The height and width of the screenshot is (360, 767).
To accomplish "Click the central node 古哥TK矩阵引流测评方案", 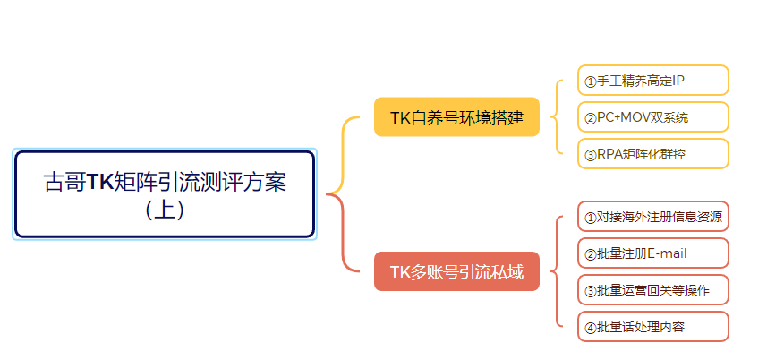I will click(x=165, y=193).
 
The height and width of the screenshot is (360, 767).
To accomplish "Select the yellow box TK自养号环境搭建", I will click(x=456, y=117).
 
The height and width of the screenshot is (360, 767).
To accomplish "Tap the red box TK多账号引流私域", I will click(x=456, y=271).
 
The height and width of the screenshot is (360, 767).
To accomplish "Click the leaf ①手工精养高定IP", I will click(x=652, y=81).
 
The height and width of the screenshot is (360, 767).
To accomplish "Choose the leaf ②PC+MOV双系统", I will click(x=652, y=117).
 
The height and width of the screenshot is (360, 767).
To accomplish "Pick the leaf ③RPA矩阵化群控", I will click(x=652, y=154).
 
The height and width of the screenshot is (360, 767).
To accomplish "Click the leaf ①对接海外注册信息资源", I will click(x=652, y=217).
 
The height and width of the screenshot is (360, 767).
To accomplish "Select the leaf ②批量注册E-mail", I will click(x=652, y=253).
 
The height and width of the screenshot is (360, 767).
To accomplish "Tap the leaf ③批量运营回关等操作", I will click(x=652, y=290).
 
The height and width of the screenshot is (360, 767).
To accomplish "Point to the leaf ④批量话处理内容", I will click(x=652, y=327).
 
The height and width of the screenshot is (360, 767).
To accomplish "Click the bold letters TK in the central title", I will click(x=100, y=183).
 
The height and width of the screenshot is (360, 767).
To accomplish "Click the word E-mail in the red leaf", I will click(x=668, y=253).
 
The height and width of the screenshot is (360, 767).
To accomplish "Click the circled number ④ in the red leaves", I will click(x=590, y=328).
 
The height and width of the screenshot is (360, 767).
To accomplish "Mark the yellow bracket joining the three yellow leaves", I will click(x=558, y=117).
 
